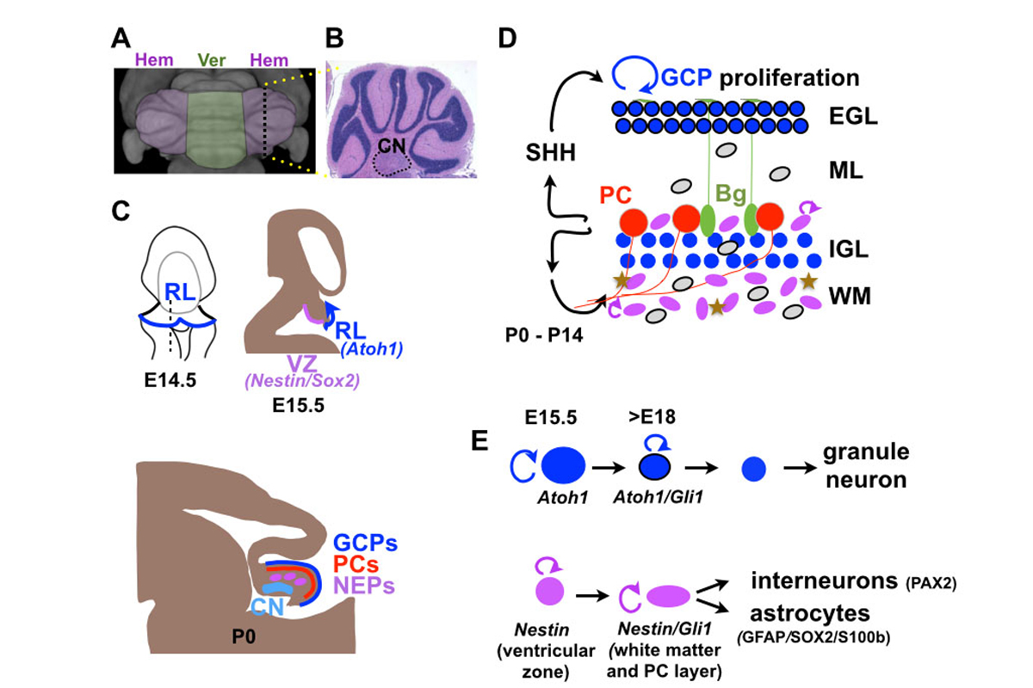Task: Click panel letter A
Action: click(123, 40)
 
